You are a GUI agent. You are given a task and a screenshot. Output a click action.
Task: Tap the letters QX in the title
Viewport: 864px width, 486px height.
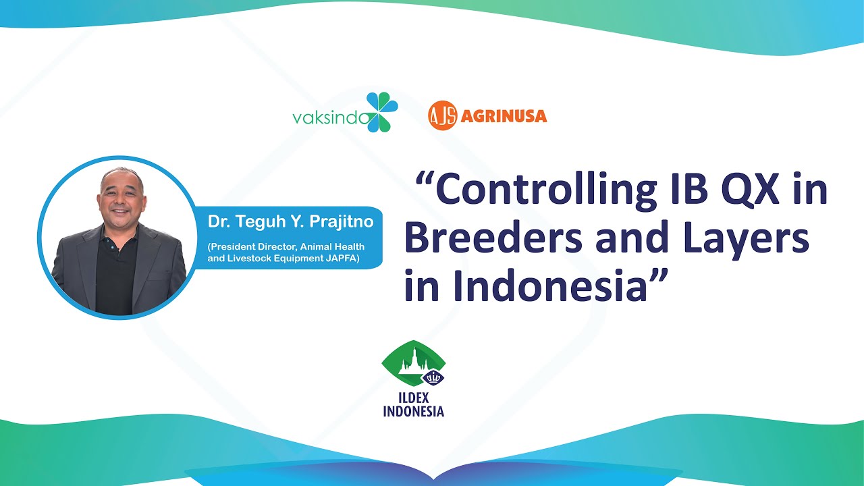(751, 191)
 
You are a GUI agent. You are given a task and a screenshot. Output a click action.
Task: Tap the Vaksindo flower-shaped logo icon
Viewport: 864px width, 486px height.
(382, 112)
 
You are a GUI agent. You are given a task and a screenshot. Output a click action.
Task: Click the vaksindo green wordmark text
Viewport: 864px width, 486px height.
(331, 118)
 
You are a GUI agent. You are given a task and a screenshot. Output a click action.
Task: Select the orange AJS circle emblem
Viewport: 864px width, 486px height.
(442, 116)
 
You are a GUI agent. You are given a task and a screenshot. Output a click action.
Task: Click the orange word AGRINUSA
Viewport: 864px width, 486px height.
(504, 117)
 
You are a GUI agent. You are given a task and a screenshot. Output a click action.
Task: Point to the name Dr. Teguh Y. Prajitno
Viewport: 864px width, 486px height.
(290, 221)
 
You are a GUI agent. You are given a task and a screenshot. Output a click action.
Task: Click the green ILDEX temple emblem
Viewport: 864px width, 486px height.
(412, 364)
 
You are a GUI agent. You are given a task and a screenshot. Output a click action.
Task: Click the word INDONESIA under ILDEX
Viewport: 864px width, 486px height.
(413, 410)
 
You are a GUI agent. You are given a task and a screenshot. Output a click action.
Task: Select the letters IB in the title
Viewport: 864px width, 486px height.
(680, 191)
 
